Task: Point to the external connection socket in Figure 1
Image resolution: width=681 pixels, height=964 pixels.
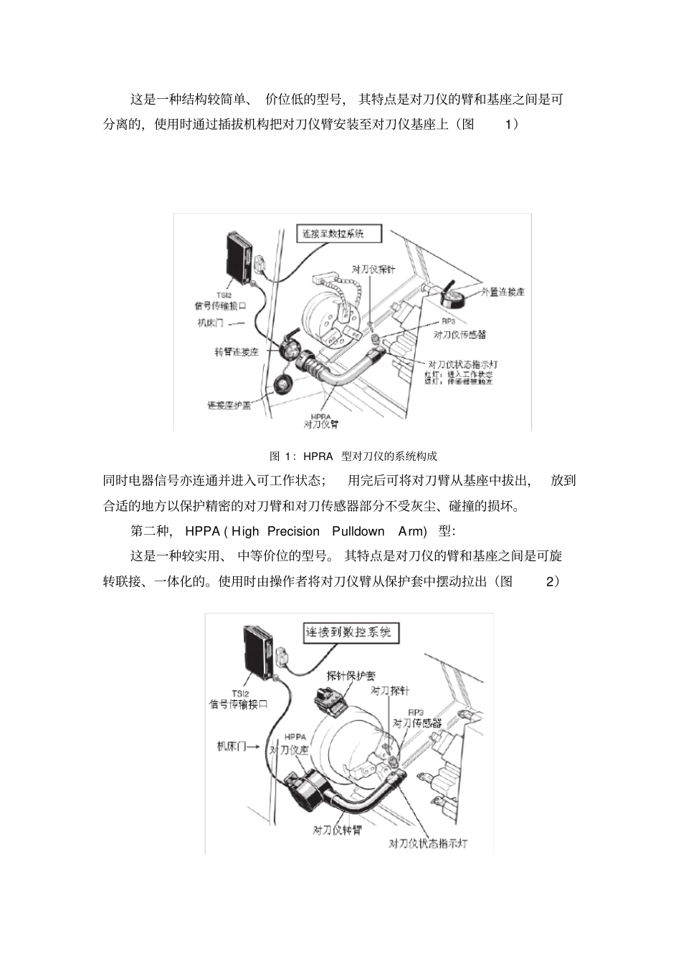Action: click(452, 294)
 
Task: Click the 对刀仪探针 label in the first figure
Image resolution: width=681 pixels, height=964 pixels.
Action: click(373, 269)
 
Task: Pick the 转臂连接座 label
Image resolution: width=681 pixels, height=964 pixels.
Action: click(237, 352)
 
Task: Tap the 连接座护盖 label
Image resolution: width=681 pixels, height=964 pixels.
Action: click(229, 405)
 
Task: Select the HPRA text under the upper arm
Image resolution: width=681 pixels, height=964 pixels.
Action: click(320, 416)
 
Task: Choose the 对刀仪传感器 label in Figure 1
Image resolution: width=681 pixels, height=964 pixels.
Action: click(459, 334)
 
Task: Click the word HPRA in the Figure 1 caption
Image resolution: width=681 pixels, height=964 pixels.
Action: click(318, 456)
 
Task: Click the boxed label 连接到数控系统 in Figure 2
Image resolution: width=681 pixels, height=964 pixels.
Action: click(349, 632)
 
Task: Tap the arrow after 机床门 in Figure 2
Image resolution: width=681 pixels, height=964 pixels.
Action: click(257, 746)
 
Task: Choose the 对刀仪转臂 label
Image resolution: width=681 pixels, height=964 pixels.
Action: click(337, 829)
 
